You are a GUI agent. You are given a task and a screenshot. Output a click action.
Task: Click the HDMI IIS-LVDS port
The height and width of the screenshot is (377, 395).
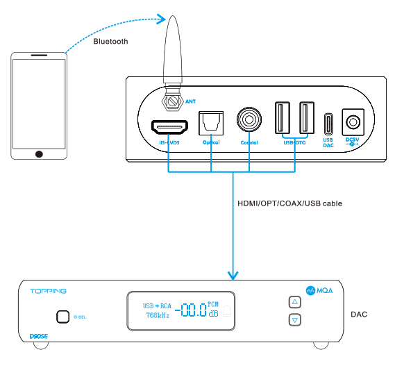click(169, 127)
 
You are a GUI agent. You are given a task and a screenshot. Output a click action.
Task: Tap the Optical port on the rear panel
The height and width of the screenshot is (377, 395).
click(210, 123)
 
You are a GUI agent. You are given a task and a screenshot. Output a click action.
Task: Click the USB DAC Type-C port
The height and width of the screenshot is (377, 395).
click(328, 124)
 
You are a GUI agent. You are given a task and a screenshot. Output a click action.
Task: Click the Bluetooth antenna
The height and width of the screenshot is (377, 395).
click(174, 56)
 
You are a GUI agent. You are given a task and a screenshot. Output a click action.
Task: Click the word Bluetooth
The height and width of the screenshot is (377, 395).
click(110, 42)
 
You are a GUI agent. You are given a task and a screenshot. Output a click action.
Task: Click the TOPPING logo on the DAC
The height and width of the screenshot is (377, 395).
click(48, 290)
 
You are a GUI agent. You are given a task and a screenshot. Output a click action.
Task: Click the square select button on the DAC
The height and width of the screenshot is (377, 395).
click(62, 317)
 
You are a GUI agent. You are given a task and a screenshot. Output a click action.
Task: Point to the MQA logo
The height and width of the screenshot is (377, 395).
click(321, 290)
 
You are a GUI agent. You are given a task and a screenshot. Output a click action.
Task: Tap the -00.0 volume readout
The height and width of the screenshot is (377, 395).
click(190, 310)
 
